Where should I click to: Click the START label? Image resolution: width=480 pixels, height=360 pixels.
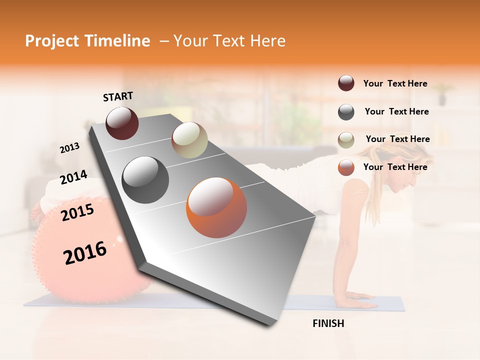tap(118, 96)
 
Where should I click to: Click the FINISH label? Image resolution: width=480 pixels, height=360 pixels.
tap(328, 323)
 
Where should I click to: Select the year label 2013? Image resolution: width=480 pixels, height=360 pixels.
tap(69, 148)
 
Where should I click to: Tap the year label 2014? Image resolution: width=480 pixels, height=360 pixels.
tap(73, 177)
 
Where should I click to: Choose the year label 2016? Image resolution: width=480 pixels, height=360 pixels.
tap(85, 252)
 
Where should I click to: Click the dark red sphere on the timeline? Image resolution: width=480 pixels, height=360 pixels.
tap(122, 123)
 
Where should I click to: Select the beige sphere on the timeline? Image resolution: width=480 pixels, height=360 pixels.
tap(189, 140)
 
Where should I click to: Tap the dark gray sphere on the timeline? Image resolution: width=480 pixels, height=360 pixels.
tap(145, 180)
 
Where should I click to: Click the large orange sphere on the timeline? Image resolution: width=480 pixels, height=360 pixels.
tap(216, 207)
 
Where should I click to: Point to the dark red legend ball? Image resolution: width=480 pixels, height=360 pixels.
tap(346, 83)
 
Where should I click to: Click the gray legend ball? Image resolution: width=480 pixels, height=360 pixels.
tap(346, 112)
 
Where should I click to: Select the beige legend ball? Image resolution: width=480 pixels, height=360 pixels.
tap(346, 140)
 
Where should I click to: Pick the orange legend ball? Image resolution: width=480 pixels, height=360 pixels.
tap(346, 167)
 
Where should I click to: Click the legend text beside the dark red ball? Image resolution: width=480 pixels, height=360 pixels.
tap(395, 83)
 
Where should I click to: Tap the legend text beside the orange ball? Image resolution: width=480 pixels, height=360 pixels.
tap(395, 167)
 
